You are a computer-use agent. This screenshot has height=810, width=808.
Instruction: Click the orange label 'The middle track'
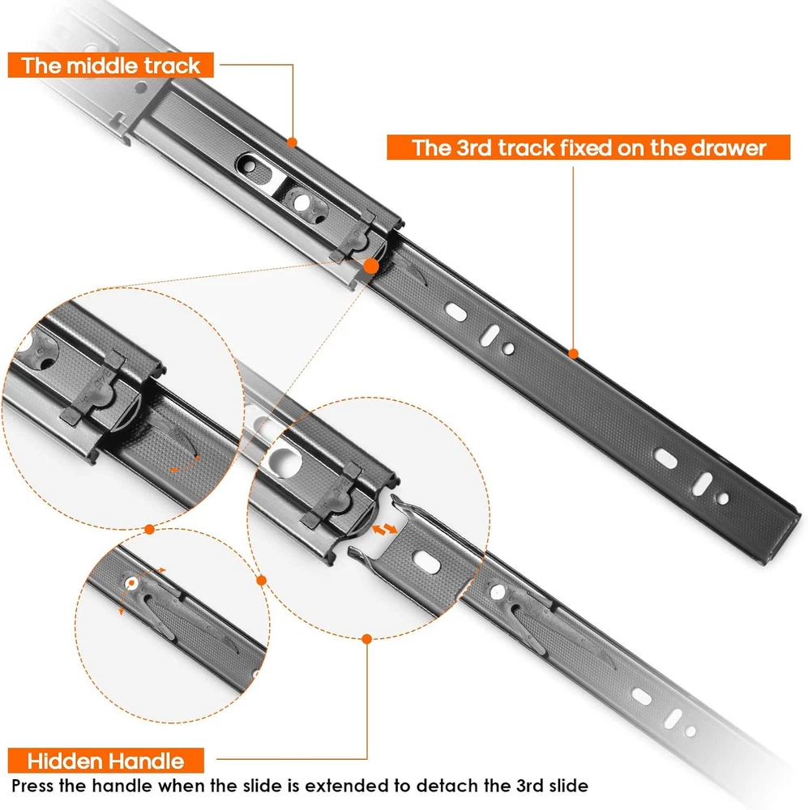(111, 66)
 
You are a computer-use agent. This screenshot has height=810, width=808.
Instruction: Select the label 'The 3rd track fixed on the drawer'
(588, 147)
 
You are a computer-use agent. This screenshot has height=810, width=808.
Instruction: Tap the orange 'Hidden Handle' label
(106, 761)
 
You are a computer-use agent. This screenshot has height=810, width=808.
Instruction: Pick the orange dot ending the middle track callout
(292, 142)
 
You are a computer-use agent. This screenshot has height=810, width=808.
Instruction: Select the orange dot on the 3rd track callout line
(573, 354)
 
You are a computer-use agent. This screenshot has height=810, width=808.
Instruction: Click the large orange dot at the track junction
(371, 266)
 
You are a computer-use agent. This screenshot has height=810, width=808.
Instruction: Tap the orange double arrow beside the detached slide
(385, 528)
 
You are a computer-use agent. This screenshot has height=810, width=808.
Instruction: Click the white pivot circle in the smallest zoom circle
(131, 582)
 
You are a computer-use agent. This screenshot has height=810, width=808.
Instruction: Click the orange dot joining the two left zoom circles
(149, 529)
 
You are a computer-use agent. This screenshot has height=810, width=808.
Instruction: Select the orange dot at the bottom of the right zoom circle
(367, 639)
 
